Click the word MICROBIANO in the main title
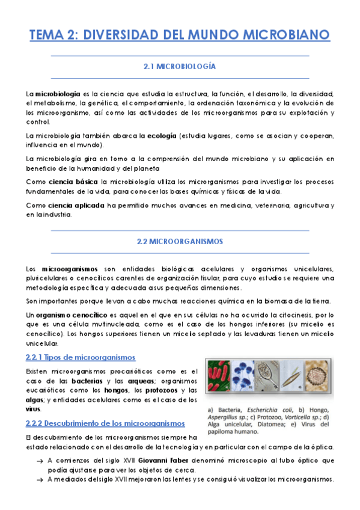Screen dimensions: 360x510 283,34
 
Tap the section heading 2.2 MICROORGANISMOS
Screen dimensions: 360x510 180,242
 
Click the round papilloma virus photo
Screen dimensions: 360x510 319,380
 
